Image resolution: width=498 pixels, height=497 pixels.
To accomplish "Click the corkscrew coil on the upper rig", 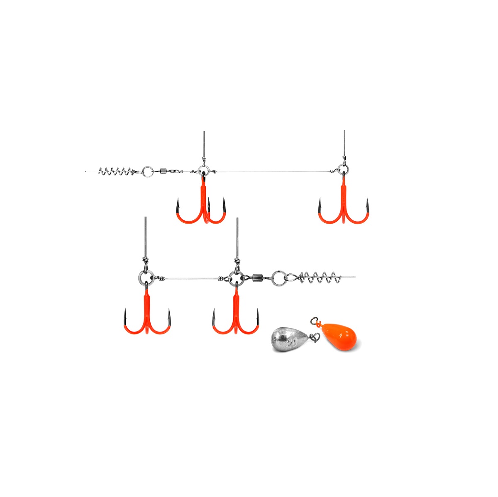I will (113, 171).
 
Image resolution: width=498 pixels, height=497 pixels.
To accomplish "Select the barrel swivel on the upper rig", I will (164, 171).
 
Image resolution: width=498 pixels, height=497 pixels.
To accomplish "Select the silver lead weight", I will (289, 340).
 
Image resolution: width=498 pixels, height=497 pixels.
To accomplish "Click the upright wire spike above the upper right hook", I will (344, 143).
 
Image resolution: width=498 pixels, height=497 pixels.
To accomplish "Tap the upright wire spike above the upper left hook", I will (204, 144).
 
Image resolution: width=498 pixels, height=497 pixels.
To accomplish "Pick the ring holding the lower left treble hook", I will (146, 278).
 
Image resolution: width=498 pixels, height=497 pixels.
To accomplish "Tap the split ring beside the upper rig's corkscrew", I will (146, 171).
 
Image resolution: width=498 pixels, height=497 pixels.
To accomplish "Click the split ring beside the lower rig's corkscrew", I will (278, 277).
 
